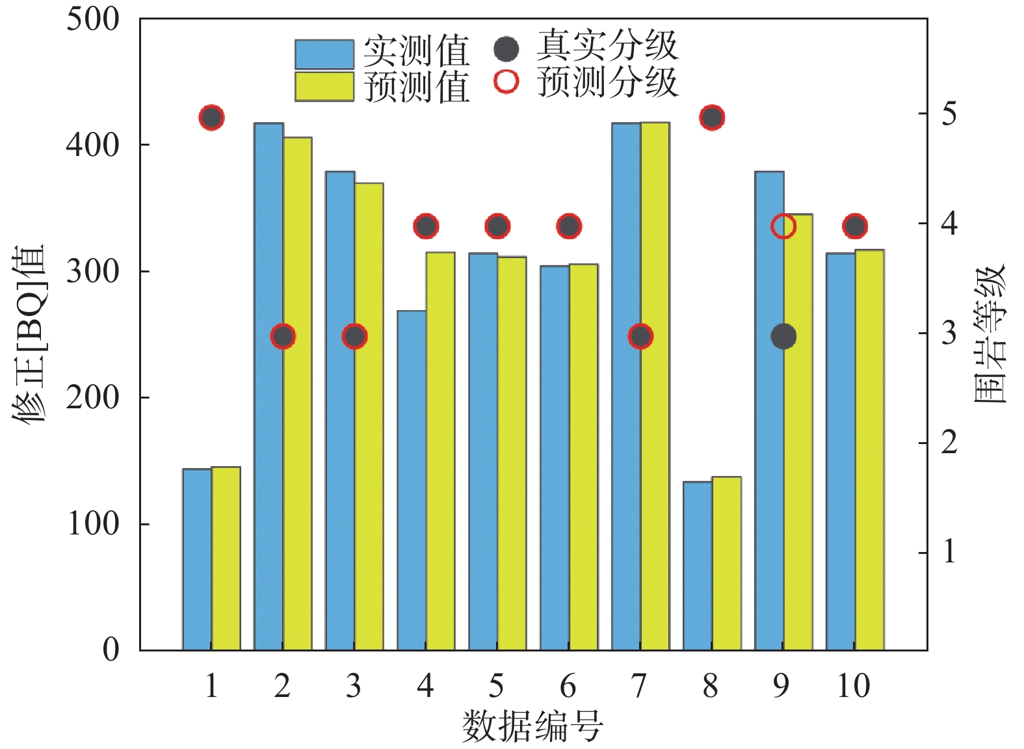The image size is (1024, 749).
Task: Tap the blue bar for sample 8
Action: (698, 566)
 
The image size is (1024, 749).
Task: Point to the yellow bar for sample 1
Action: (226, 558)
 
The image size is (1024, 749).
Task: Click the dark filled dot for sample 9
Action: (783, 336)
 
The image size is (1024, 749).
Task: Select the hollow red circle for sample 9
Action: (783, 226)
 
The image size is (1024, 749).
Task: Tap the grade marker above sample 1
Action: (211, 118)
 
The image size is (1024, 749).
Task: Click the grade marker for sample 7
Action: (640, 336)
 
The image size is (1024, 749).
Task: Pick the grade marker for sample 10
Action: (855, 226)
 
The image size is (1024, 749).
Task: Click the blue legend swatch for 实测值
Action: (324, 55)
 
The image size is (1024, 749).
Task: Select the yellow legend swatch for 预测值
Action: (324, 86)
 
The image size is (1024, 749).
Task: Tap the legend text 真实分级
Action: (607, 46)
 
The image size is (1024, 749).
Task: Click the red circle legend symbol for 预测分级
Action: (506, 82)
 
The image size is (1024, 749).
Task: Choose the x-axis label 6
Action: (568, 686)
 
